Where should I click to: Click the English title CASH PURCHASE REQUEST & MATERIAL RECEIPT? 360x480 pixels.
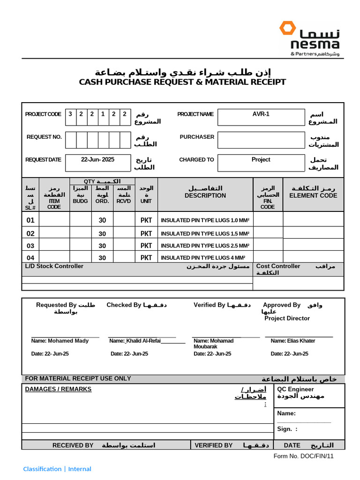(182, 82)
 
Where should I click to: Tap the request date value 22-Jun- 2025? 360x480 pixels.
(97, 160)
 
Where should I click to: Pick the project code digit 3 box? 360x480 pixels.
(70, 114)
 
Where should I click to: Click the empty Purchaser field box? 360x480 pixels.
(261, 140)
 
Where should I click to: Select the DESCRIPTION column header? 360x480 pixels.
(205, 195)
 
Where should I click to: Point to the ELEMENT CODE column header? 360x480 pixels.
(313, 195)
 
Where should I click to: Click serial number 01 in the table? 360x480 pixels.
(30, 220)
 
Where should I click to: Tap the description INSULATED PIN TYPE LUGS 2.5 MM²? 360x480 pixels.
(205, 246)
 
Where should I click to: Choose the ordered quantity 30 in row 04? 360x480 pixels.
(102, 258)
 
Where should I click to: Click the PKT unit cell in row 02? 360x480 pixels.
(146, 233)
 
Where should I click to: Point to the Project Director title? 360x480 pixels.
(287, 318)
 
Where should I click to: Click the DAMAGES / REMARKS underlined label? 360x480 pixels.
(58, 389)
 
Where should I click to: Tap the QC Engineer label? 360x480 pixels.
(295, 389)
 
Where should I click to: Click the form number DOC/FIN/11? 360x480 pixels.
(304, 456)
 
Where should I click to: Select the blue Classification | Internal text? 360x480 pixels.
(57, 469)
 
